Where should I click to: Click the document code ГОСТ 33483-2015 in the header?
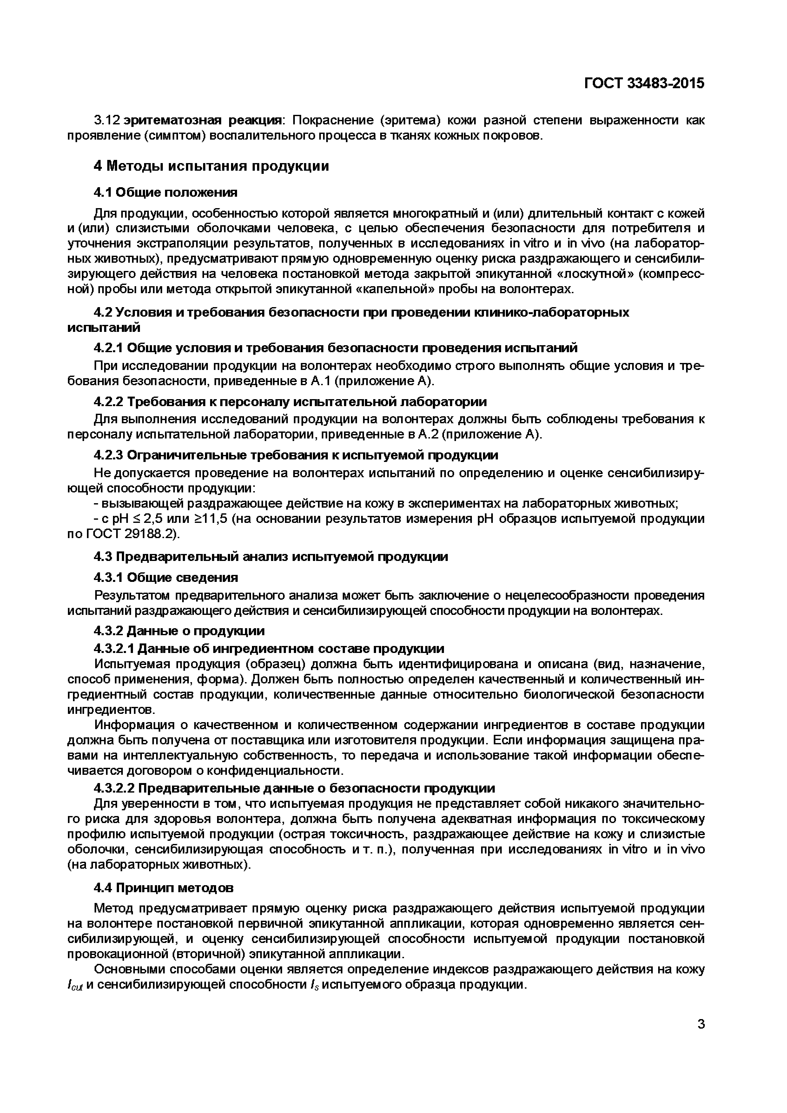644,83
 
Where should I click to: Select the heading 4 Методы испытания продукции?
211,166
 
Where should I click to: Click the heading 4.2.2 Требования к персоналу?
290,401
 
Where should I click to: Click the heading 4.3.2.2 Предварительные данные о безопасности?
294,788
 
